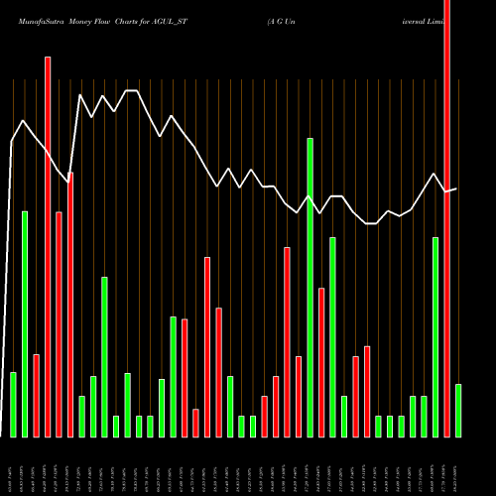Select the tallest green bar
[x=310, y=288]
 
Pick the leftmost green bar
[x=13, y=405]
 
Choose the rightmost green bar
[x=458, y=411]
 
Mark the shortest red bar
[x=195, y=423]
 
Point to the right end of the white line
[x=456, y=188]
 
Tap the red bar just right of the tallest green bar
[x=321, y=362]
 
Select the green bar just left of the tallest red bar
[x=435, y=337]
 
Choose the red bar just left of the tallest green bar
[x=299, y=397]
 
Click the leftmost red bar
[x=36, y=396]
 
